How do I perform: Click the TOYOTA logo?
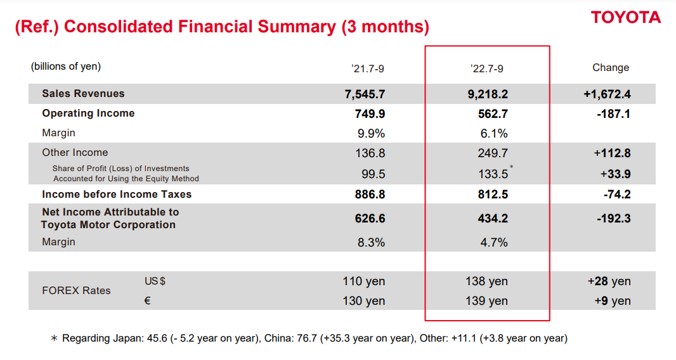pyautogui.click(x=625, y=17)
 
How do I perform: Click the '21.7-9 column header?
pyautogui.click(x=368, y=68)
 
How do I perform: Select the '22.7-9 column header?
pyautogui.click(x=487, y=68)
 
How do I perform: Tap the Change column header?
pyautogui.click(x=611, y=68)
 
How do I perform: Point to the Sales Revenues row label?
pyautogui.click(x=83, y=94)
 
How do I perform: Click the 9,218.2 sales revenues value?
pyautogui.click(x=487, y=94)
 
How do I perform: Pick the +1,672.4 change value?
pyautogui.click(x=607, y=94)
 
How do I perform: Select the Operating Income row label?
pyautogui.click(x=88, y=113)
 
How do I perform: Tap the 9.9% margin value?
pyautogui.click(x=372, y=133)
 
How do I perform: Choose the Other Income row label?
pyautogui.click(x=75, y=153)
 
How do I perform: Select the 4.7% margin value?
pyautogui.click(x=495, y=242)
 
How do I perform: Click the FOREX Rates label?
pyautogui.click(x=76, y=291)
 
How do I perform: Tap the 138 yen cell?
pyautogui.click(x=486, y=281)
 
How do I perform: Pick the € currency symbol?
pyautogui.click(x=147, y=301)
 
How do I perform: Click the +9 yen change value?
pyautogui.click(x=612, y=301)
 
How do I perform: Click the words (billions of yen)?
pyautogui.click(x=66, y=67)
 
